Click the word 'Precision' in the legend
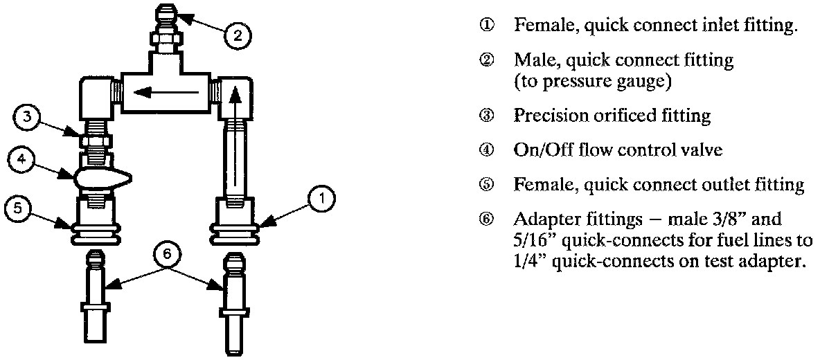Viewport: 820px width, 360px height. click(546, 116)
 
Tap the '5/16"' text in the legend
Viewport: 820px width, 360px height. click(533, 241)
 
